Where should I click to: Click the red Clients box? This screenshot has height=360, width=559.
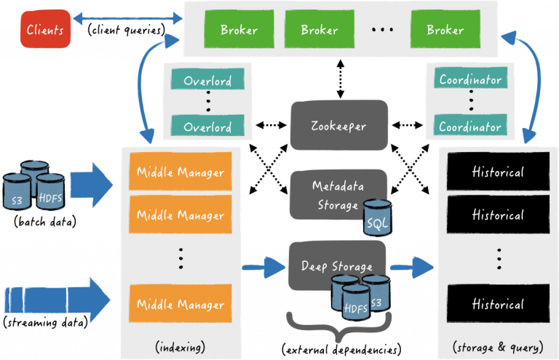coord(45,30)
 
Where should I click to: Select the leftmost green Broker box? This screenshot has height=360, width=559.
coord(238,30)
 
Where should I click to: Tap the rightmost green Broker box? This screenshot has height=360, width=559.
coord(445,30)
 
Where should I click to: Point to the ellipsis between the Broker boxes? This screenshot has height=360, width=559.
coord(382,31)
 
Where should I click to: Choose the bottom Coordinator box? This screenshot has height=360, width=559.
coord(470,127)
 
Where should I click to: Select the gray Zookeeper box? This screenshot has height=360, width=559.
coord(339,125)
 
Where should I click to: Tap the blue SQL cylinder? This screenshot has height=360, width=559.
coord(378,218)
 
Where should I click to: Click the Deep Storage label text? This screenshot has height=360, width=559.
coord(336,266)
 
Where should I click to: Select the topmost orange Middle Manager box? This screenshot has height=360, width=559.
coord(181,174)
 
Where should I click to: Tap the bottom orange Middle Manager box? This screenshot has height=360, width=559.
coord(181,303)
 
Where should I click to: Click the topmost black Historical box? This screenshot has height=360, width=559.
coord(498,172)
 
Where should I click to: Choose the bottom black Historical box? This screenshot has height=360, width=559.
coord(498,303)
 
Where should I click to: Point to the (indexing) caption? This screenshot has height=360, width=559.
coord(180,346)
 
